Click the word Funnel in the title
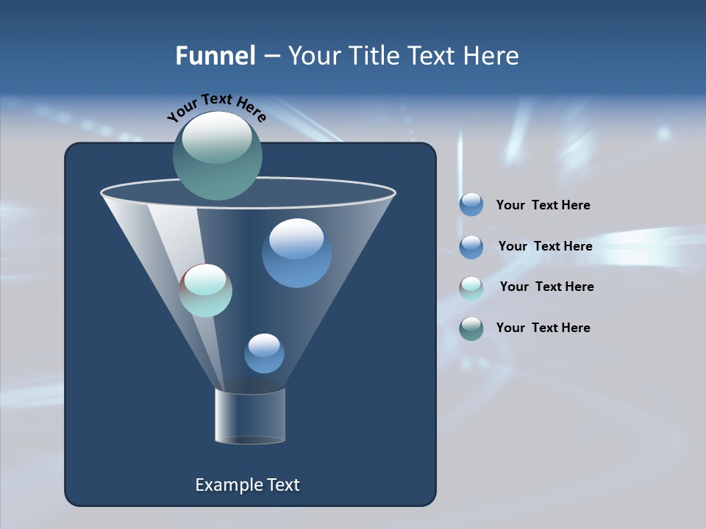point(215,56)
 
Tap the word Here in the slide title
point(491,56)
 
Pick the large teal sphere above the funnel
point(217,156)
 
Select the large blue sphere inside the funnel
point(296,253)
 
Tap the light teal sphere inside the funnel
point(206,290)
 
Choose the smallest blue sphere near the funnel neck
point(264,353)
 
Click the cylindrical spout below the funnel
point(250,416)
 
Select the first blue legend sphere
point(471,205)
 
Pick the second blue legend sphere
point(471,247)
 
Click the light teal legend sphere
point(471,288)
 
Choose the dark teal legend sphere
point(471,328)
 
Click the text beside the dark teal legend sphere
point(543,328)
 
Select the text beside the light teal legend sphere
point(546,287)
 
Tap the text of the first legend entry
point(543,205)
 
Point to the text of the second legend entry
point(545,246)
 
